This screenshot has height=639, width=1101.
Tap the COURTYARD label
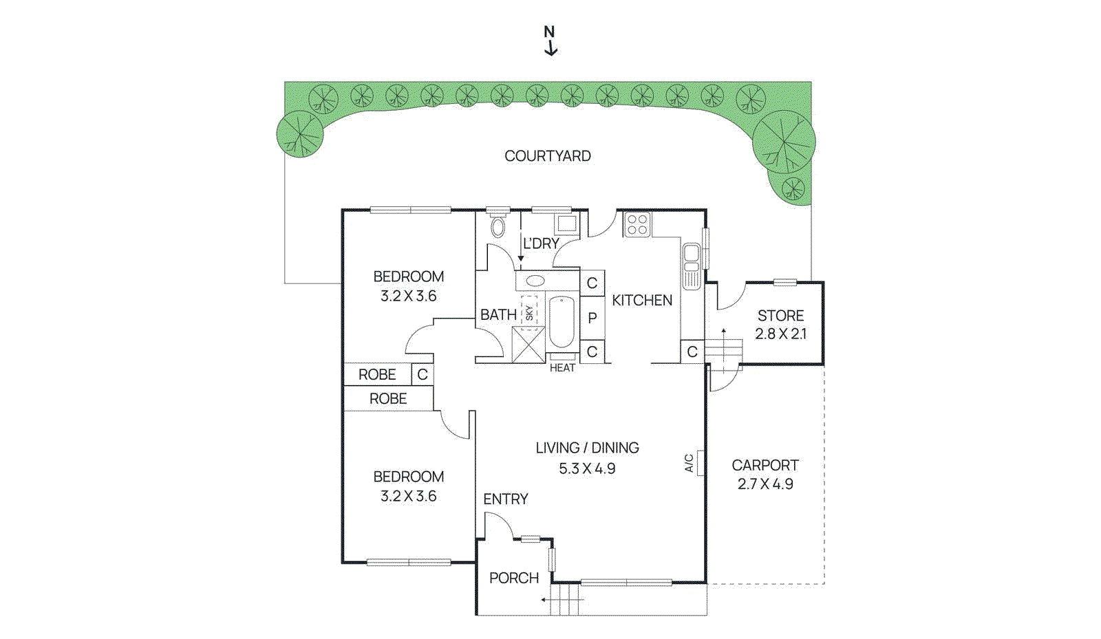click(x=547, y=156)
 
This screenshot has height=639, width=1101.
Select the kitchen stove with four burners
click(x=637, y=225)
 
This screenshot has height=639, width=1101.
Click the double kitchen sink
click(x=691, y=265)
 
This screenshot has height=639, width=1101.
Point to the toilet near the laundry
click(x=498, y=226)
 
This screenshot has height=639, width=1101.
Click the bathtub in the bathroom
click(x=562, y=322)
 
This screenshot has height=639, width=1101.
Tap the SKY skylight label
click(x=529, y=313)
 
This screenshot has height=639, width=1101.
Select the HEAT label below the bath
click(x=562, y=368)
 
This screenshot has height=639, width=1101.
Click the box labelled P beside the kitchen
click(x=592, y=318)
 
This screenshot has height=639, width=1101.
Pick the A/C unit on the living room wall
click(x=699, y=463)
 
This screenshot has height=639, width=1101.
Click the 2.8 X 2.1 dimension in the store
click(x=780, y=334)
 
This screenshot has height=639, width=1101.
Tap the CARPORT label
click(x=765, y=465)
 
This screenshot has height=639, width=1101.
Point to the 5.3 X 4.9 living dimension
click(x=586, y=469)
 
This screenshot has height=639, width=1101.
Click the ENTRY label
click(x=505, y=499)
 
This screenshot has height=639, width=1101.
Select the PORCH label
click(x=513, y=578)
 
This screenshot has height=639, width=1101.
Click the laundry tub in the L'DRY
click(x=567, y=224)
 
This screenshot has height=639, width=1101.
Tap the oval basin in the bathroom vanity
click(x=535, y=281)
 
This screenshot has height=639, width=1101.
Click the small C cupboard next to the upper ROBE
click(x=423, y=374)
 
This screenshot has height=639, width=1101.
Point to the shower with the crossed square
click(x=528, y=345)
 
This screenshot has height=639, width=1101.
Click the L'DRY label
click(x=541, y=243)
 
